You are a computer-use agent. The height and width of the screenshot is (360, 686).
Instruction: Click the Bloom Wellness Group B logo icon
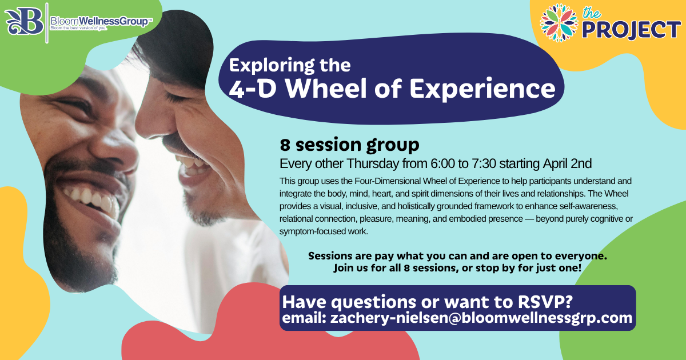pyautogui.click(x=25, y=22)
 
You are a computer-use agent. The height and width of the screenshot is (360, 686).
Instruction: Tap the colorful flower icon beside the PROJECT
pyautogui.click(x=559, y=22)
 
